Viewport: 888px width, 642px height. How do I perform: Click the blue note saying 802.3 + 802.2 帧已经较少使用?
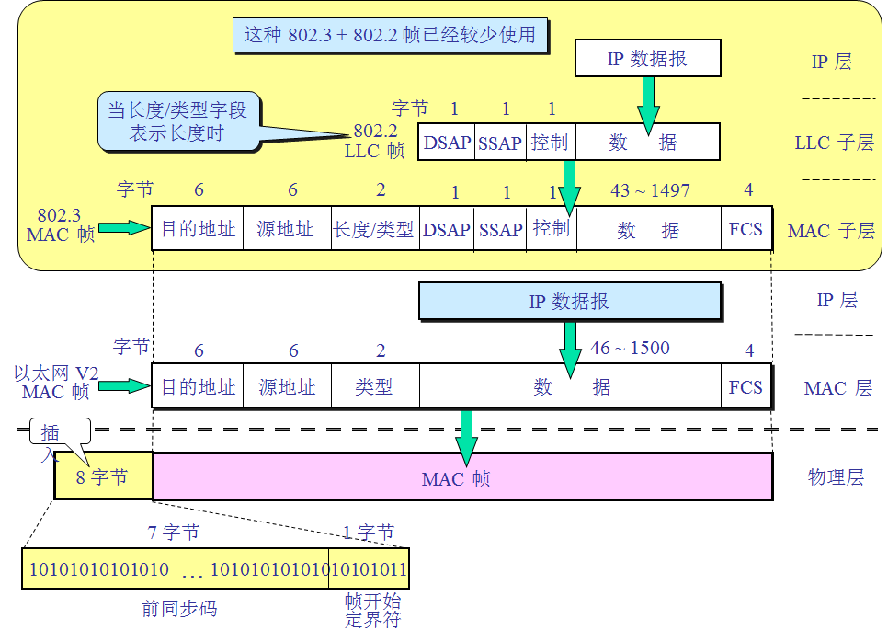(x=390, y=36)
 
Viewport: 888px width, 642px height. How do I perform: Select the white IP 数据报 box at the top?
(x=647, y=59)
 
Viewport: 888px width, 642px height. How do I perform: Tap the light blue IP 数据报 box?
(x=569, y=302)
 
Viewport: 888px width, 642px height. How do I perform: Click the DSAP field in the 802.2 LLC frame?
(x=447, y=143)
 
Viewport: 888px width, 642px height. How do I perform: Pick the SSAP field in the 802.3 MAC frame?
(x=500, y=229)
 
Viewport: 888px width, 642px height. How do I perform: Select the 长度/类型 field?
(x=373, y=229)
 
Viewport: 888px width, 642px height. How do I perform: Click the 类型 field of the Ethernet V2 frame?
(x=373, y=387)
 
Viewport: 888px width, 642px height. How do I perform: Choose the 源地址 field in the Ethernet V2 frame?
(x=286, y=387)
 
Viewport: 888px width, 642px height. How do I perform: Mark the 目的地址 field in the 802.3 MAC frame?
(x=198, y=229)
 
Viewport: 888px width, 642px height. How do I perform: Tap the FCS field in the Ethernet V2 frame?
(x=746, y=387)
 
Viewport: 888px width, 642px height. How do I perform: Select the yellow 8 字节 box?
(x=103, y=477)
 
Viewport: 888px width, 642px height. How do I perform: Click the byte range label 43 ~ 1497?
(x=649, y=190)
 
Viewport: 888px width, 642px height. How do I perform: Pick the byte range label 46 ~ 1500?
(x=630, y=349)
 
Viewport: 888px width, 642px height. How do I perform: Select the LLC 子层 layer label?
(x=835, y=143)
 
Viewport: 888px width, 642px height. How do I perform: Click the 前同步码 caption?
(x=179, y=608)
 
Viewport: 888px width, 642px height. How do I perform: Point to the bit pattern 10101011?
(x=370, y=569)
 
